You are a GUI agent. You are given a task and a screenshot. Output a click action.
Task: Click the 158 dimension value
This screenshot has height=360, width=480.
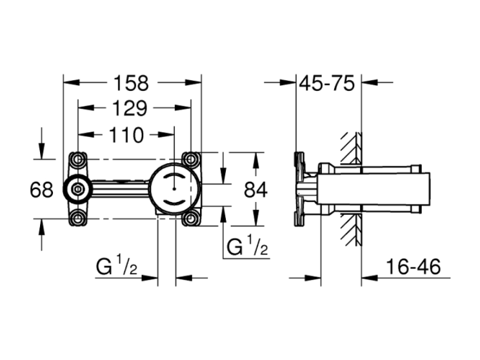point(131,83)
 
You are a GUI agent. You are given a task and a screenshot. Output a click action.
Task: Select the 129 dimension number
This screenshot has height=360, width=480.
point(130,108)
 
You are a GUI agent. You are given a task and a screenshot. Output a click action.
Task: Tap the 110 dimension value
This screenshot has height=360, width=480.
point(126,135)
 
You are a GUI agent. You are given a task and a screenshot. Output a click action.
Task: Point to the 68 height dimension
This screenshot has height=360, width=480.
point(41,190)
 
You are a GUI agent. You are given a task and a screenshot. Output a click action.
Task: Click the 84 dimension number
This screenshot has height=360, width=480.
point(255,190)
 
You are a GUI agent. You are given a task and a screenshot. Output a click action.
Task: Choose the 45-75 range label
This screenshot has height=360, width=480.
point(326,83)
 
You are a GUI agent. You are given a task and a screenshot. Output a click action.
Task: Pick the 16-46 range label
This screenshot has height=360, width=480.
point(414,266)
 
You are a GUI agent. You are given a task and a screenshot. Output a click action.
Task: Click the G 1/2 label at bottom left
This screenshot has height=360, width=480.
point(116,266)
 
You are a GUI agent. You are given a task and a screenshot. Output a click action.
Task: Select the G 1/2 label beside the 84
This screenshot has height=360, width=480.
point(247,246)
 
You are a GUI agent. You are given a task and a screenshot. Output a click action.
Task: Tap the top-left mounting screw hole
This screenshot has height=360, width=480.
point(78,159)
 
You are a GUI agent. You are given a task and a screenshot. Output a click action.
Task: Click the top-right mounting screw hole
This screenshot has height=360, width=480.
point(191,159)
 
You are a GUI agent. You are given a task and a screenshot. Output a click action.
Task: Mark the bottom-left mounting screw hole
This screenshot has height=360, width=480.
point(78,219)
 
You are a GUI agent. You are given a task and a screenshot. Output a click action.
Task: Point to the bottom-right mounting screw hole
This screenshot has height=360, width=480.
point(191,219)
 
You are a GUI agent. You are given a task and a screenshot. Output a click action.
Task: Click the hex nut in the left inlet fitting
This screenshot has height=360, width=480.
point(78,190)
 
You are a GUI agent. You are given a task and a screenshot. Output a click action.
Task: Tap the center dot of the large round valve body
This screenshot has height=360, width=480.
point(174,189)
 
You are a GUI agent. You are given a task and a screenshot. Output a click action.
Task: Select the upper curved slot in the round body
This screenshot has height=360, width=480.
point(174,176)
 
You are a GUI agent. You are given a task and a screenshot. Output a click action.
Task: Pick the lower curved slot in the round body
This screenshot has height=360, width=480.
point(174,203)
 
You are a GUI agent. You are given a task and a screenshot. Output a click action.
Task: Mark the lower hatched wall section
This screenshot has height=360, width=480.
point(352,230)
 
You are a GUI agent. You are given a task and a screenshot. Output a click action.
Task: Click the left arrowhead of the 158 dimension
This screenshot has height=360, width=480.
point(71,83)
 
